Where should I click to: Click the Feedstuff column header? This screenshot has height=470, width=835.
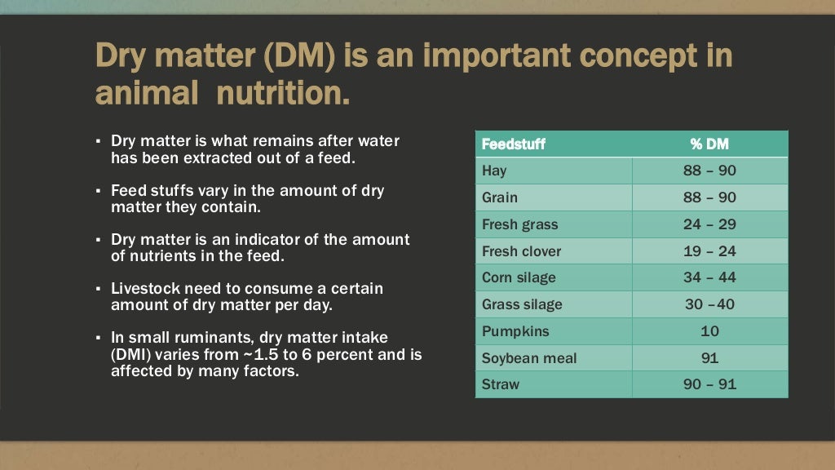(514, 144)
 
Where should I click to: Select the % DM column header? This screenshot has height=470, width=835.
(709, 144)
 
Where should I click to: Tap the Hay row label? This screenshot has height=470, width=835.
(494, 171)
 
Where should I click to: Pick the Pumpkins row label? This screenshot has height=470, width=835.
(515, 331)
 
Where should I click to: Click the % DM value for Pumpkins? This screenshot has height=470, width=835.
(709, 331)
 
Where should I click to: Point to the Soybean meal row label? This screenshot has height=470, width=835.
(529, 358)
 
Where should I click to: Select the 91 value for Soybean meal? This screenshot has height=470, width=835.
(709, 358)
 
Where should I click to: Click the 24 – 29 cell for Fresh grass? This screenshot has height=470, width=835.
(709, 224)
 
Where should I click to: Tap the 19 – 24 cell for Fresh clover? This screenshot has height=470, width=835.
(709, 251)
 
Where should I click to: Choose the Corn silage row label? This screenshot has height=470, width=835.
(519, 277)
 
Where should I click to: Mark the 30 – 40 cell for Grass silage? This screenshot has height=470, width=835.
(709, 304)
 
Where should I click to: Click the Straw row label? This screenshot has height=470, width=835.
(500, 384)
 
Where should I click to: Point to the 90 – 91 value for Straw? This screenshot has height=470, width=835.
(709, 384)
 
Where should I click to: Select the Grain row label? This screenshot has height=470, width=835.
(499, 197)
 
